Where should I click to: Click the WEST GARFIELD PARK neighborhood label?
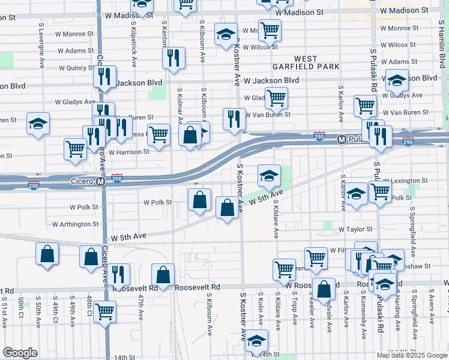tap(306, 62)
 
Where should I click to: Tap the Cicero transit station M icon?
tap(101, 180)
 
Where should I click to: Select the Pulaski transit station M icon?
tap(342, 139)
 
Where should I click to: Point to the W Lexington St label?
tap(405, 180)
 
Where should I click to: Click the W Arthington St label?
tap(75, 224)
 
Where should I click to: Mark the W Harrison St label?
tap(129, 152)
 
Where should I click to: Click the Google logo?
tap(20, 353)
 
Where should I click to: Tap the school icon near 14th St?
tap(257, 340)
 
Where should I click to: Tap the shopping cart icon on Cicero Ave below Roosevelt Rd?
tap(105, 311)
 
